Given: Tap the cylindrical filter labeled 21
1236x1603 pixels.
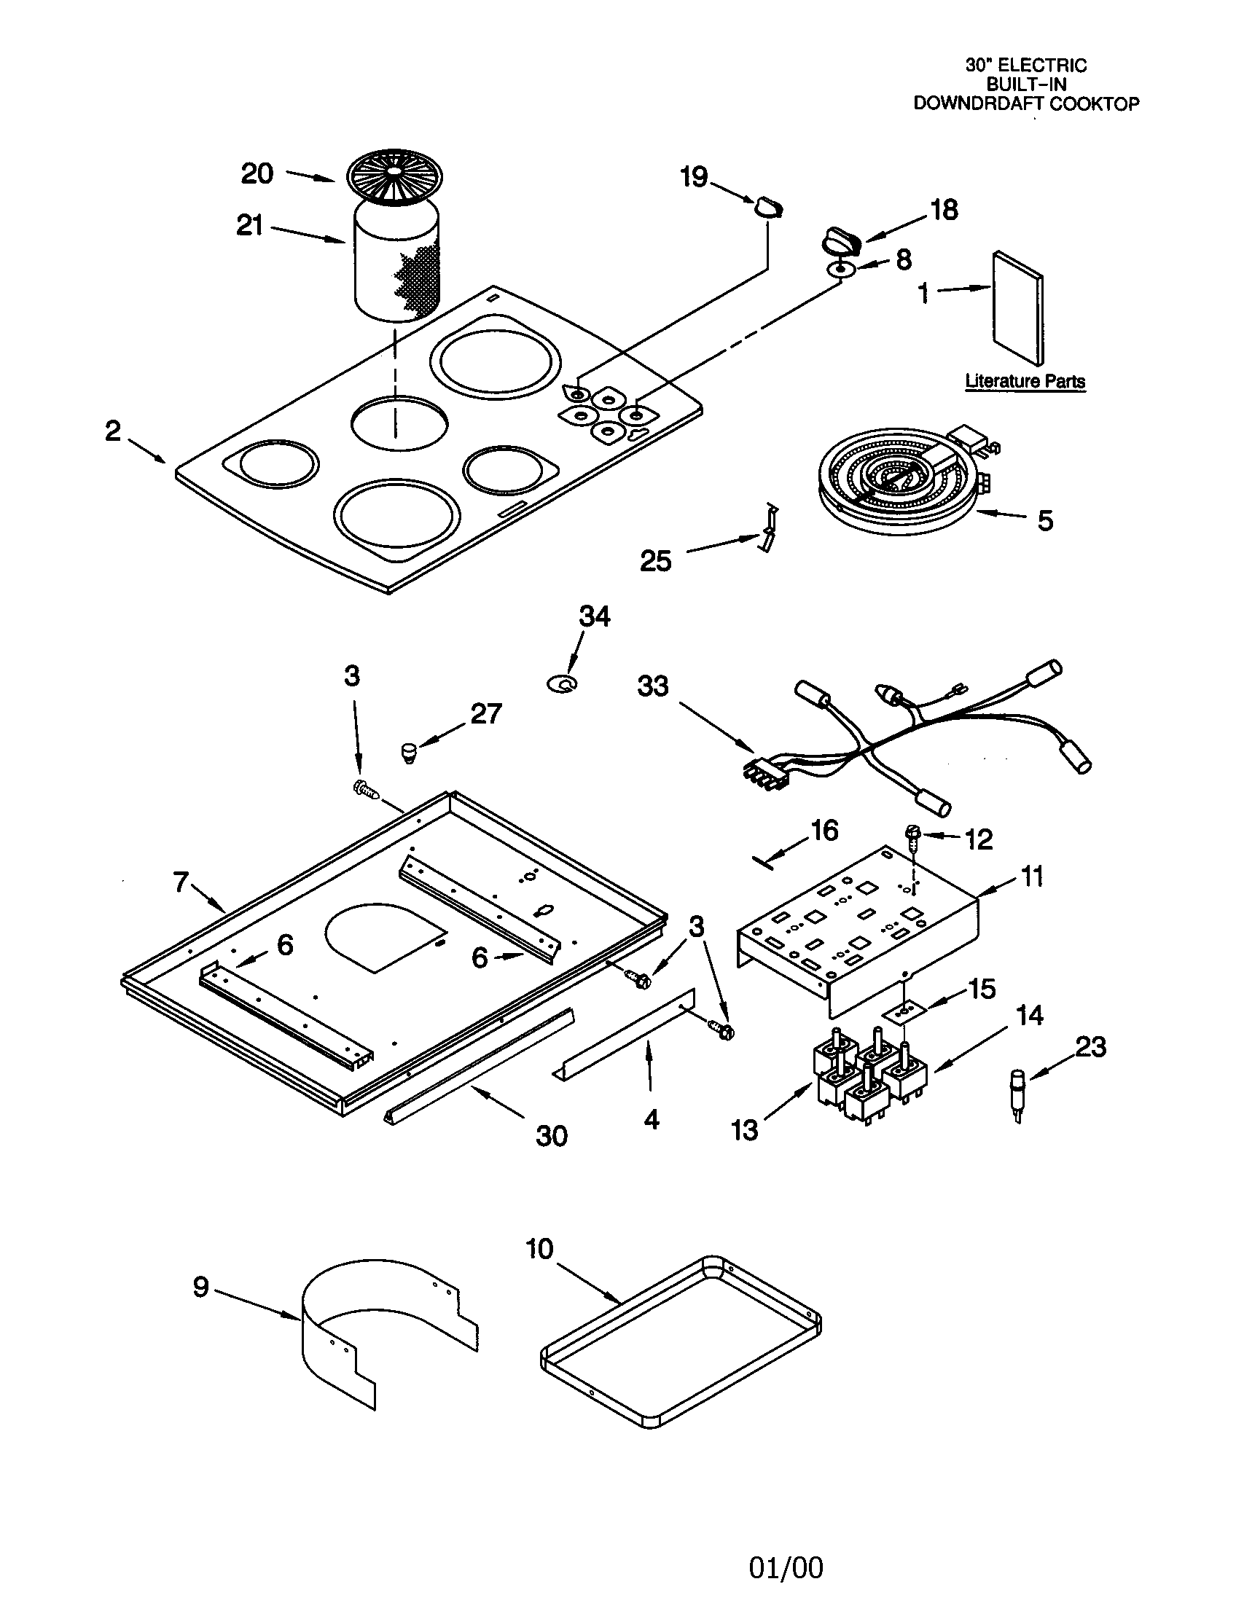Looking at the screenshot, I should pyautogui.click(x=396, y=261).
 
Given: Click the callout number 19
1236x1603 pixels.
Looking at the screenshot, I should pyautogui.click(x=693, y=177).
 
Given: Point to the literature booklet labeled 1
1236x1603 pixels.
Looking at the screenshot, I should pyautogui.click(x=1017, y=308).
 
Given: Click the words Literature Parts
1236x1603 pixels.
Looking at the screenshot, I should pyautogui.click(x=1025, y=381).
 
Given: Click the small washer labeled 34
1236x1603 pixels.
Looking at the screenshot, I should pyautogui.click(x=563, y=684).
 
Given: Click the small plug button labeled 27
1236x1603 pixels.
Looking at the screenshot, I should pyautogui.click(x=409, y=753).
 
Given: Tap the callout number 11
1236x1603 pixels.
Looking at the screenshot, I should pyautogui.click(x=1032, y=876).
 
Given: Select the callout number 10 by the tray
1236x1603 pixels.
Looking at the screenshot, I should pyautogui.click(x=539, y=1248).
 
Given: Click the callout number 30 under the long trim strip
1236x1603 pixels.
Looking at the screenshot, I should pyautogui.click(x=551, y=1135).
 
